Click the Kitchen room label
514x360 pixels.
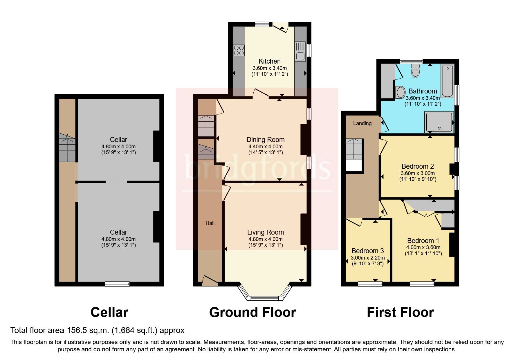pos(270,61)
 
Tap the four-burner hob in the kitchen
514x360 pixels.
pos(239,50)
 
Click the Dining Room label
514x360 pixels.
pos(265,140)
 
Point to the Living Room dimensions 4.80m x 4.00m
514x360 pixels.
pos(265,239)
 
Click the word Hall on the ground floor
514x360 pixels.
pos(210,223)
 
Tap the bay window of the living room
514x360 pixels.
pos(264,297)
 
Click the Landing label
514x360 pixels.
pos(362,123)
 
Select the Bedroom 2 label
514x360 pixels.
pos(417,166)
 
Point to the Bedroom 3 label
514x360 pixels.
pos(367,251)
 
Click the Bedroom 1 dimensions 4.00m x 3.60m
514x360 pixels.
pos(423,247)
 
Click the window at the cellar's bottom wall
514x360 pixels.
pos(117,284)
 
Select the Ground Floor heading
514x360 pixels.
pos(252,312)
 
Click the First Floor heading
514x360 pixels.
pos(400,312)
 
